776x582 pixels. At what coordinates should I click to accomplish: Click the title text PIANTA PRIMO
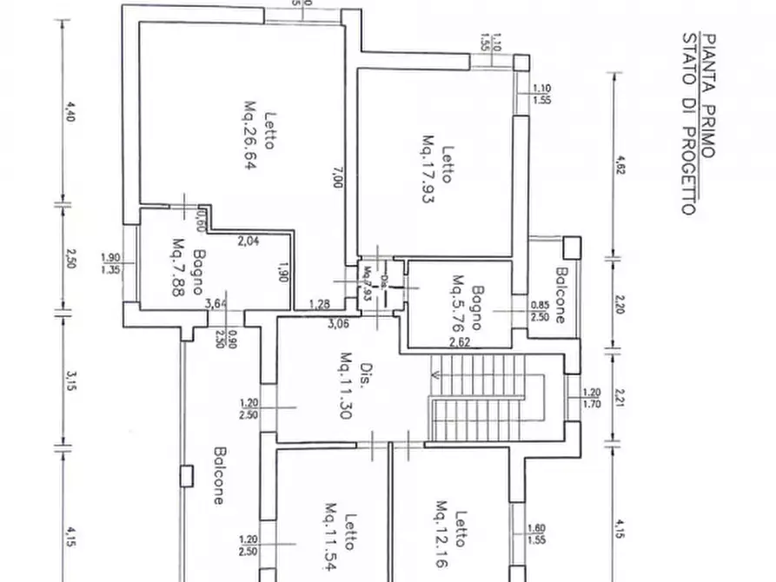709,95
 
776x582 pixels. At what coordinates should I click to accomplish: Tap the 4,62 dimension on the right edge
620,164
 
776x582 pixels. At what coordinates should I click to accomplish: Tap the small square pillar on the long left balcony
184,476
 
